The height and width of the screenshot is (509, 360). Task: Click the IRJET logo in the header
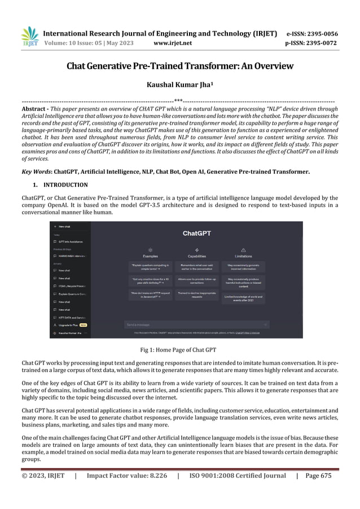click(x=29, y=37)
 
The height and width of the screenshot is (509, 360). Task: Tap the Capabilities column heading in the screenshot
click(x=196, y=256)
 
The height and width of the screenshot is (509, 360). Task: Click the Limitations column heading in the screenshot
click(x=244, y=256)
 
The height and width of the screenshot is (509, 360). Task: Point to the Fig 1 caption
click(x=178, y=350)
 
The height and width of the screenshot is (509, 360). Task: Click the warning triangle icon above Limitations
click(x=244, y=248)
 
